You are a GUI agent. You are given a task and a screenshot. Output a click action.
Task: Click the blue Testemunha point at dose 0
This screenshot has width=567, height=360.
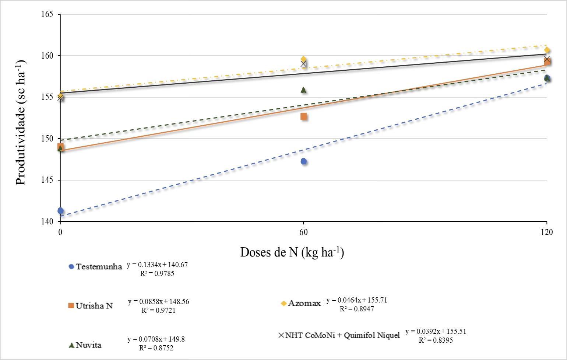[x=60, y=210]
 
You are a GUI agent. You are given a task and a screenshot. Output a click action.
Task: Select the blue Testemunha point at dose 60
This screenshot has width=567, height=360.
[x=303, y=161]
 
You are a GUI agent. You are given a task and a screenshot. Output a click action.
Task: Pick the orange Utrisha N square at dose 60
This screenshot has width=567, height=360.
[x=303, y=116]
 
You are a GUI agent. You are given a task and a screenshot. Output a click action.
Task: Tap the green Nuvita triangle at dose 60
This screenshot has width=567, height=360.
[x=303, y=90]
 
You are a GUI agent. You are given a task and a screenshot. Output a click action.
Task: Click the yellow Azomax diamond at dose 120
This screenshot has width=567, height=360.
[x=547, y=50]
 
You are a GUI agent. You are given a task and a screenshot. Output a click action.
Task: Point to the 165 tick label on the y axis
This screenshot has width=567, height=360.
[x=47, y=14]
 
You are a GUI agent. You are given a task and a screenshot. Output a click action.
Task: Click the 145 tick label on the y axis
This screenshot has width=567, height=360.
[x=47, y=180]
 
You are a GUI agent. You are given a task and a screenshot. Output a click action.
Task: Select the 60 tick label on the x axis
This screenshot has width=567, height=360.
[x=303, y=232]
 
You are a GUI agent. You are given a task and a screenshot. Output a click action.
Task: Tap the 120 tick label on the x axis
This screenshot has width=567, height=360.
[x=547, y=232]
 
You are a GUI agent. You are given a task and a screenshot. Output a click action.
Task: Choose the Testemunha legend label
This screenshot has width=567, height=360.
[x=99, y=267]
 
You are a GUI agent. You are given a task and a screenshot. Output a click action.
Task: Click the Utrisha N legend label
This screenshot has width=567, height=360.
[x=94, y=306]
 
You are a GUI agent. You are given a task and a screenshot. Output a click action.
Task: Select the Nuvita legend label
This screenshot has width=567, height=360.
[x=89, y=345]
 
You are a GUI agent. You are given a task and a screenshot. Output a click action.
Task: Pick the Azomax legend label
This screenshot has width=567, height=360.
[x=304, y=303]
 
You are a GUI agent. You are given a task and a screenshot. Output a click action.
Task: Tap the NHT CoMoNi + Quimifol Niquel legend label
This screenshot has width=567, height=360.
[x=342, y=335]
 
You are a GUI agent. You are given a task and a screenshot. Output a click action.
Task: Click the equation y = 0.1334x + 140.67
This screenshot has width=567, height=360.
[x=158, y=265]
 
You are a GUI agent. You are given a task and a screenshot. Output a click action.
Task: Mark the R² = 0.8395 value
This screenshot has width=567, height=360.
[x=436, y=340]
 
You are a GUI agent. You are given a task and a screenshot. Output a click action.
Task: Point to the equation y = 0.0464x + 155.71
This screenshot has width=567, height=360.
[x=357, y=300]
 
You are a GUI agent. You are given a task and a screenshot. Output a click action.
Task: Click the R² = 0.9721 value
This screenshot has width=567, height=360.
[x=158, y=310]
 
